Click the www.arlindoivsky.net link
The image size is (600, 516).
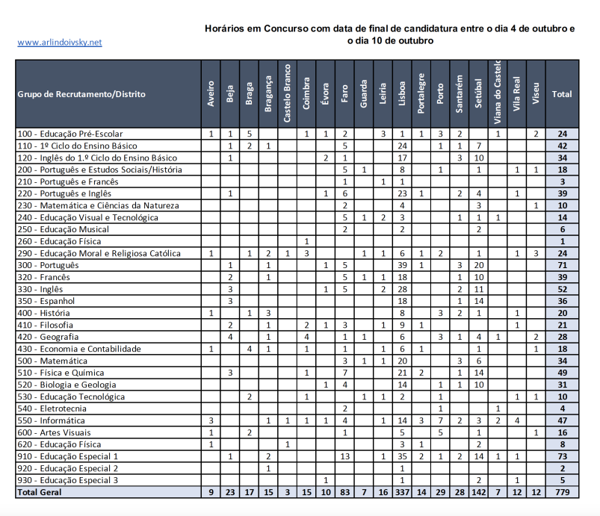click(59, 43)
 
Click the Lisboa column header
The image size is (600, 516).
click(402, 94)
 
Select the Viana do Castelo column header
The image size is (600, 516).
click(498, 94)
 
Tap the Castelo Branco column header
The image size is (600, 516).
click(287, 94)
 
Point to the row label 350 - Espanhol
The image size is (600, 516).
click(46, 301)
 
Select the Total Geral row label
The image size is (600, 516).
click(40, 492)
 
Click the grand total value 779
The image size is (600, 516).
click(561, 492)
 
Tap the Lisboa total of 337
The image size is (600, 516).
click(402, 492)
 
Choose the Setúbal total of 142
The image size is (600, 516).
click(478, 492)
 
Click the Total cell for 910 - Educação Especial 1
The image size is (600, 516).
click(561, 456)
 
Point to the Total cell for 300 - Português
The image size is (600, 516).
click(561, 265)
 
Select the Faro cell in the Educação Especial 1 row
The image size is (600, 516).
click(344, 456)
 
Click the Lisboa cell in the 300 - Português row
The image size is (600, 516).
click(402, 265)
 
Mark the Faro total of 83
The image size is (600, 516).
click(344, 492)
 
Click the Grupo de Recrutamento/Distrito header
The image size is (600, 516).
click(81, 94)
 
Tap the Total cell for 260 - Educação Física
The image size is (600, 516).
click(561, 241)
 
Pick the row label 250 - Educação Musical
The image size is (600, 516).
click(63, 229)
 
